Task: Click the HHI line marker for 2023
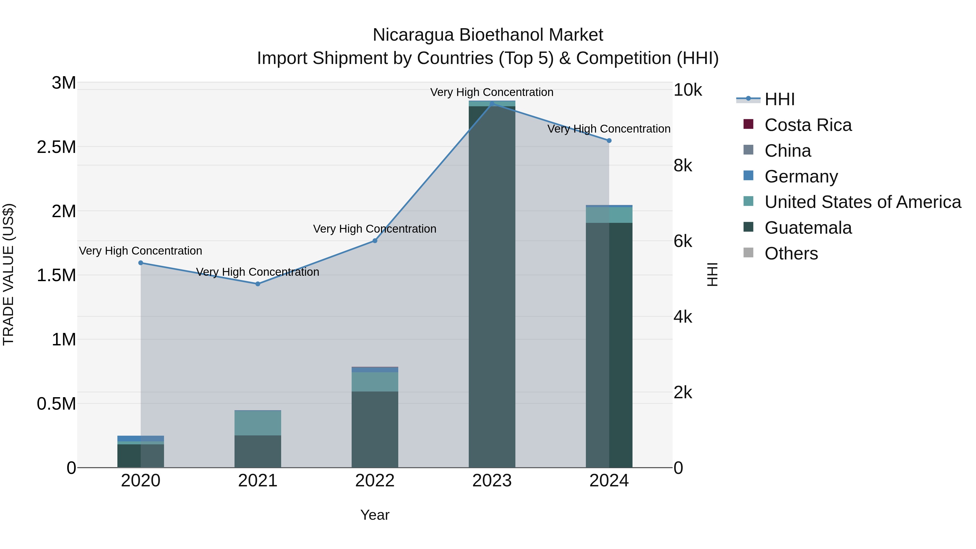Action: (492, 104)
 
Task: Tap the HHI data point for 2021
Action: (258, 284)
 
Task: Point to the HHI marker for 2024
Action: (609, 140)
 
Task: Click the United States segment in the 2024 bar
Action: (609, 215)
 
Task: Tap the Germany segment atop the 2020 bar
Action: (140, 438)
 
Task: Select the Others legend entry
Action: (791, 253)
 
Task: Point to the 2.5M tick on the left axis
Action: (56, 147)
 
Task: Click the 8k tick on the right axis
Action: (683, 166)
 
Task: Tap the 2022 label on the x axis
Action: (375, 481)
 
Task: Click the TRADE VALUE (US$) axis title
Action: (8, 274)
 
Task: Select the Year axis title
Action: (375, 515)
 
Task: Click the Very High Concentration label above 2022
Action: (375, 229)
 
